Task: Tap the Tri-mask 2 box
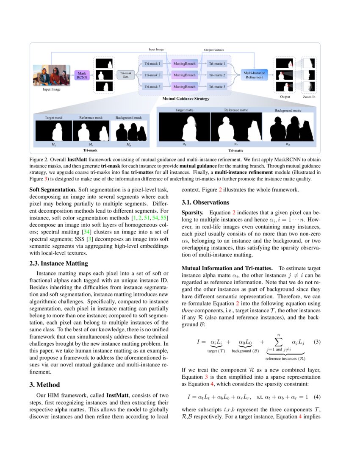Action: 152,75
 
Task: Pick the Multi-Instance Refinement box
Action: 253,75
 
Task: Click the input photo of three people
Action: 51,75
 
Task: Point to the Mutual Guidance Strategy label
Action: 186,99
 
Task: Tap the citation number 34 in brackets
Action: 87,232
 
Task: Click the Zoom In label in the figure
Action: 309,97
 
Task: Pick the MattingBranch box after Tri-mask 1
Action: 185,63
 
